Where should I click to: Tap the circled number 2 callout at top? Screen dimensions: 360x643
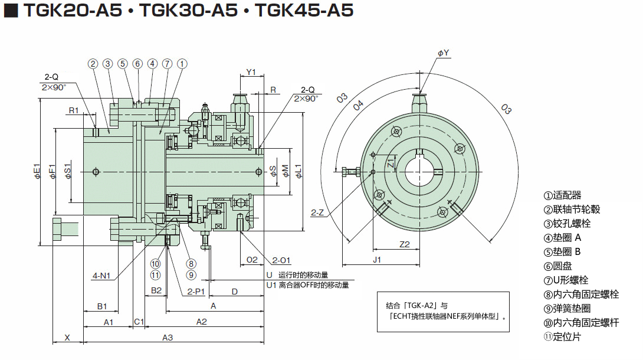pyautogui.click(x=93, y=64)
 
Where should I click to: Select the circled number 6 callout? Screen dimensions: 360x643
pyautogui.click(x=137, y=64)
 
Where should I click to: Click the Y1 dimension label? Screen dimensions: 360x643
pyautogui.click(x=251, y=73)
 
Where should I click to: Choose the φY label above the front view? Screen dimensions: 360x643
pyautogui.click(x=443, y=53)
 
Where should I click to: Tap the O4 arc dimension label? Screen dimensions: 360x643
pyautogui.click(x=358, y=106)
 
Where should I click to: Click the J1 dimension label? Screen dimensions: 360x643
pyautogui.click(x=378, y=259)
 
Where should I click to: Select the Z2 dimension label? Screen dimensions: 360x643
pyautogui.click(x=405, y=244)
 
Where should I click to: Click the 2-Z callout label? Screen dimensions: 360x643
pyautogui.click(x=317, y=211)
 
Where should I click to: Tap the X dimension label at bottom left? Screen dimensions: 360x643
pyautogui.click(x=67, y=337)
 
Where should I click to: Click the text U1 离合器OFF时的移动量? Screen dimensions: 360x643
pyautogui.click(x=307, y=285)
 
